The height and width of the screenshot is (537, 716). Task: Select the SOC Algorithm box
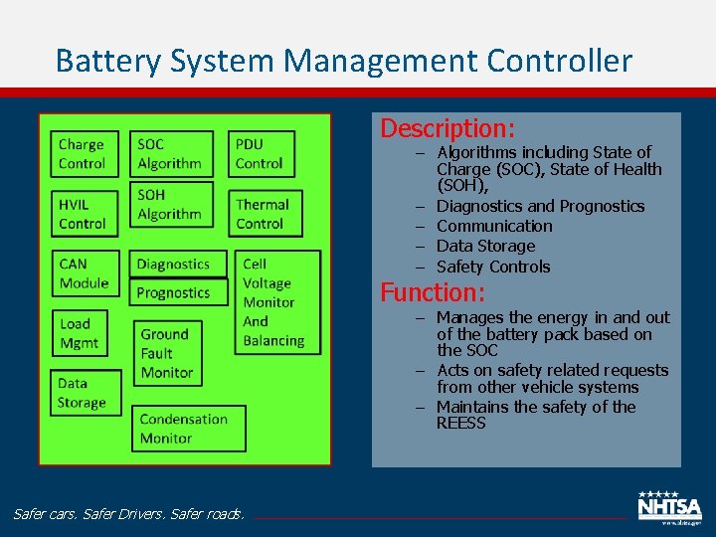171,154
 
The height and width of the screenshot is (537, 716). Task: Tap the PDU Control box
261,154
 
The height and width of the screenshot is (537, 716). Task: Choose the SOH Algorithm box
171,205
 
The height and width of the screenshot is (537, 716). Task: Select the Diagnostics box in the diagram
174,265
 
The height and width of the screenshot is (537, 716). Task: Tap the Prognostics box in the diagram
174,292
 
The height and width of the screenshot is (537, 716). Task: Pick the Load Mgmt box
80,333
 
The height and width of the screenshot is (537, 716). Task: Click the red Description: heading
447,128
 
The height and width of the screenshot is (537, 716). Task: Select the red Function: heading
433,292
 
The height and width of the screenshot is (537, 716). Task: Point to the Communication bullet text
494,226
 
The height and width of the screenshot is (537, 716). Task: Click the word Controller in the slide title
559,62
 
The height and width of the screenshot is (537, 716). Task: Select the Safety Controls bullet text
493,267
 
